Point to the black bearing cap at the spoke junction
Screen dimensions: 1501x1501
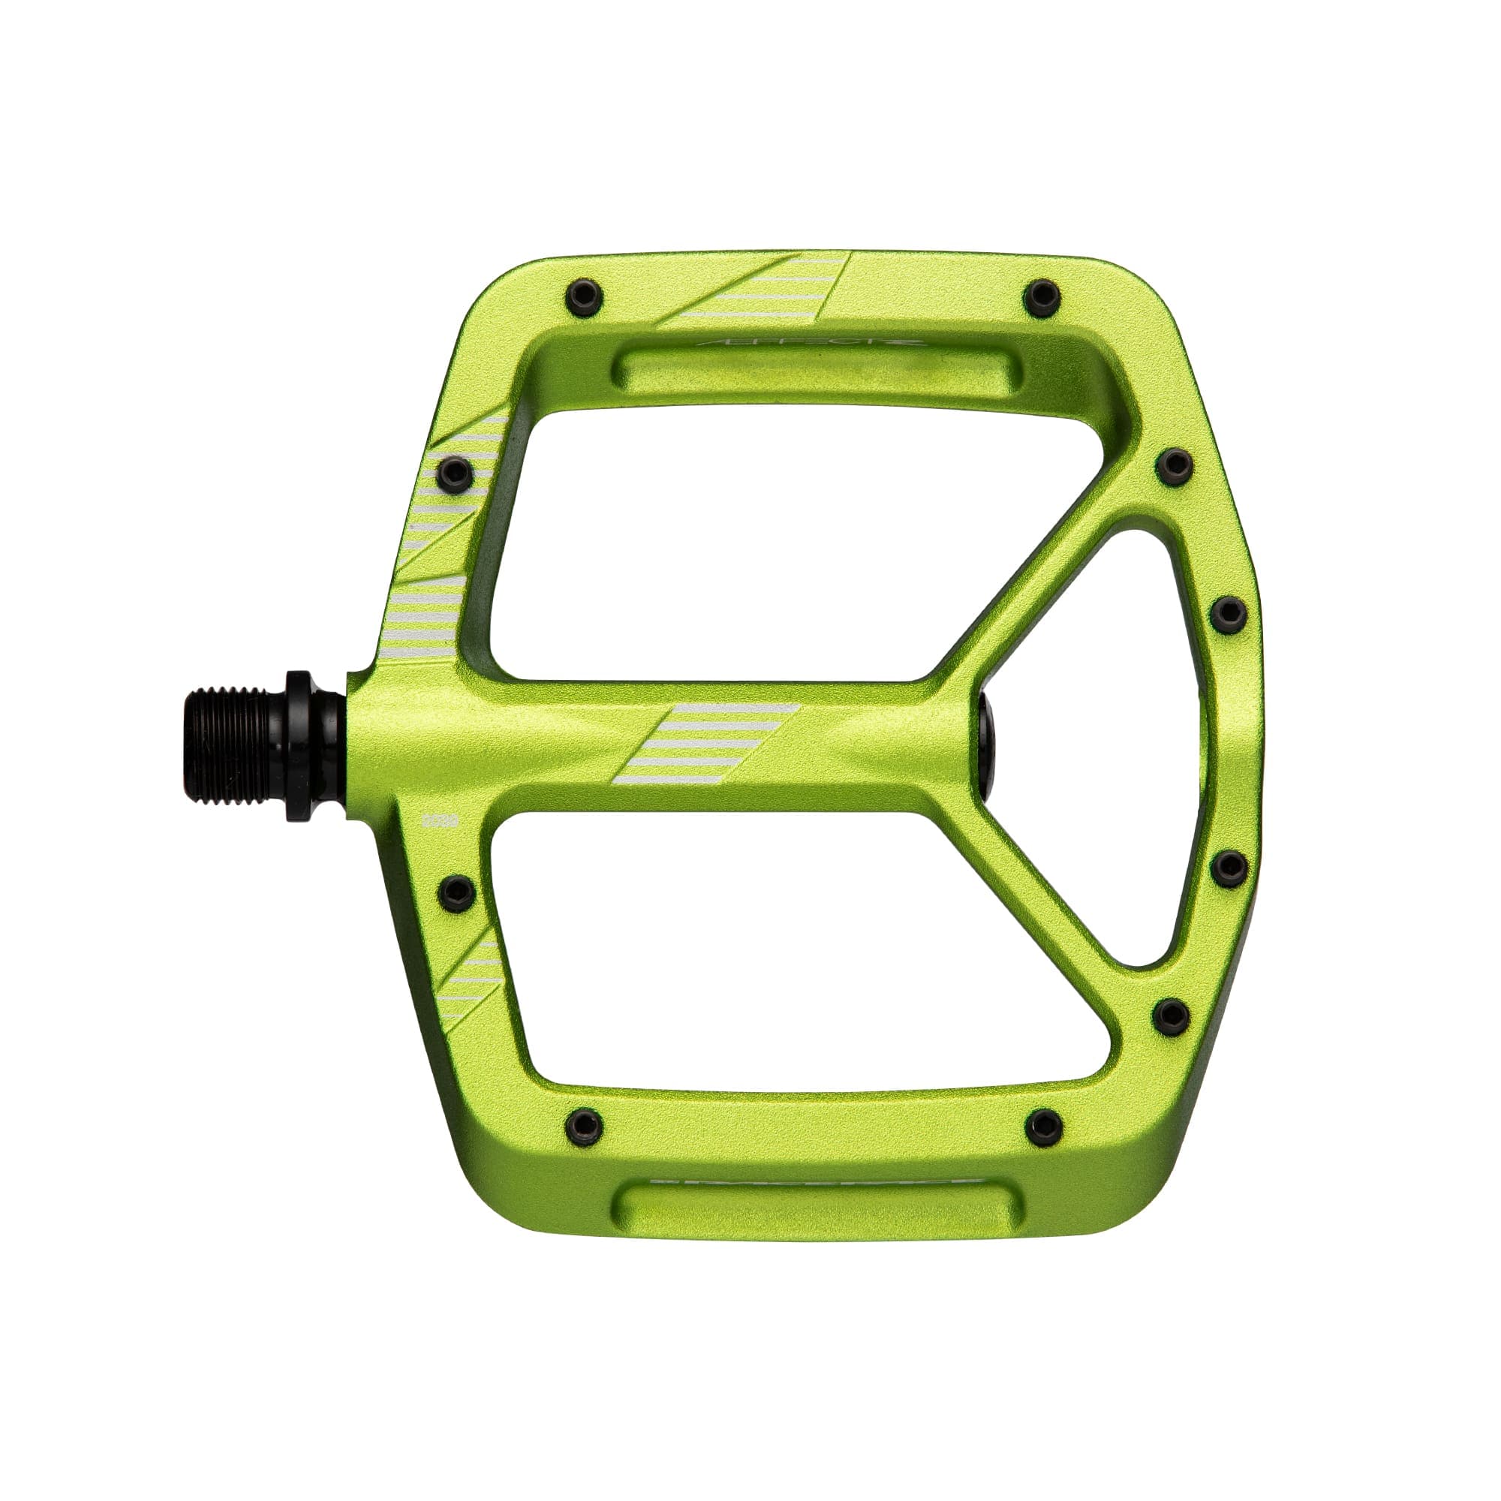tap(987, 744)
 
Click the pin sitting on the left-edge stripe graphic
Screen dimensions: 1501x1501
tap(455, 470)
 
